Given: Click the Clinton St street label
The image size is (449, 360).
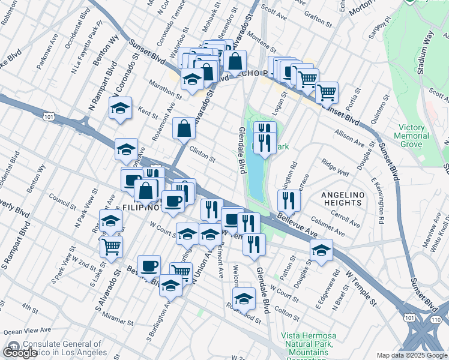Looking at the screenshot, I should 202,156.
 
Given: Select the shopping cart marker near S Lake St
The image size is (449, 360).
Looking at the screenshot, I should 111,246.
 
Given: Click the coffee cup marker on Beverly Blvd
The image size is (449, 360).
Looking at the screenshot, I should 149,265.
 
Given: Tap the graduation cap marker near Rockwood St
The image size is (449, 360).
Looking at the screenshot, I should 244,298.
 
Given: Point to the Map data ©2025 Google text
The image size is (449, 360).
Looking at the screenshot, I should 412,355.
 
